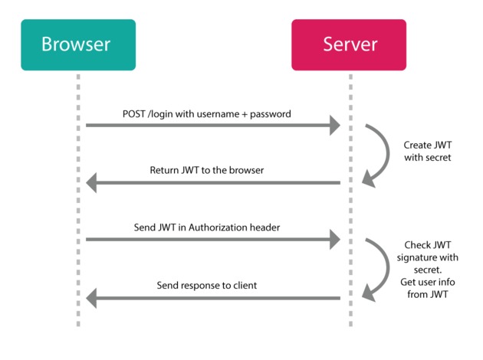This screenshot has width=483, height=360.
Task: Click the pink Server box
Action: [350, 44]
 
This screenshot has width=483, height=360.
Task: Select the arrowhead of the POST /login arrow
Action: [334, 126]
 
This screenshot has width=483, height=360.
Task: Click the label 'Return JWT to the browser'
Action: [206, 170]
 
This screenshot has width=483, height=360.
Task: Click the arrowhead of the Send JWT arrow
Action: [334, 240]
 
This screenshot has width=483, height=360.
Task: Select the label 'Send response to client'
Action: [208, 285]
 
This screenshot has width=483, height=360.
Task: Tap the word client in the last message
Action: [242, 285]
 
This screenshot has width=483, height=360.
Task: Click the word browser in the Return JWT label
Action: [245, 170]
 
